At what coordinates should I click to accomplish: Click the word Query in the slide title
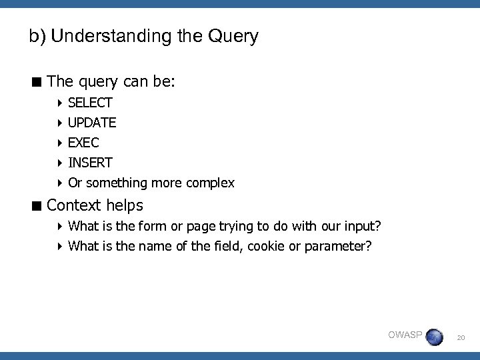tap(233, 36)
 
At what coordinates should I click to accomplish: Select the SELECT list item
tap(90, 103)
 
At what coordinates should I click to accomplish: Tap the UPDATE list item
tap(92, 123)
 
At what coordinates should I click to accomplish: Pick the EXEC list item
tap(83, 143)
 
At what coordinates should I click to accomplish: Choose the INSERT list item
tap(90, 163)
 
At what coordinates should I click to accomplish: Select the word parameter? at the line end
tap(338, 246)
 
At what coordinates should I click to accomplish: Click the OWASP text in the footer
tap(405, 335)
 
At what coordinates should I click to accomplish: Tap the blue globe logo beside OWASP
tap(434, 336)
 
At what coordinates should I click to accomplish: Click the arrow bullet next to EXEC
tap(60, 143)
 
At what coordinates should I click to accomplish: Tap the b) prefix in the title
tap(37, 36)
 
